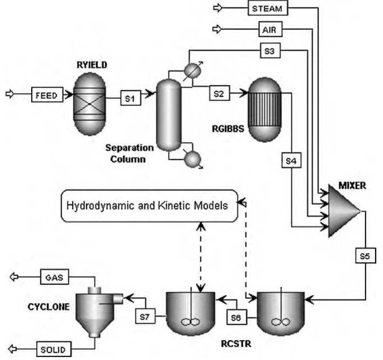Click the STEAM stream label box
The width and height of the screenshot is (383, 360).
click(x=268, y=8)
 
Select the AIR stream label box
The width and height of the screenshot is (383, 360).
click(x=269, y=29)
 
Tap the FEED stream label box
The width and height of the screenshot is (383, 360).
click(x=47, y=95)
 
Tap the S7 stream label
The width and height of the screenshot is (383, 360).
click(x=145, y=316)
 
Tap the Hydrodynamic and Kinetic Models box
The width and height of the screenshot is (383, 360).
click(x=149, y=205)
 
